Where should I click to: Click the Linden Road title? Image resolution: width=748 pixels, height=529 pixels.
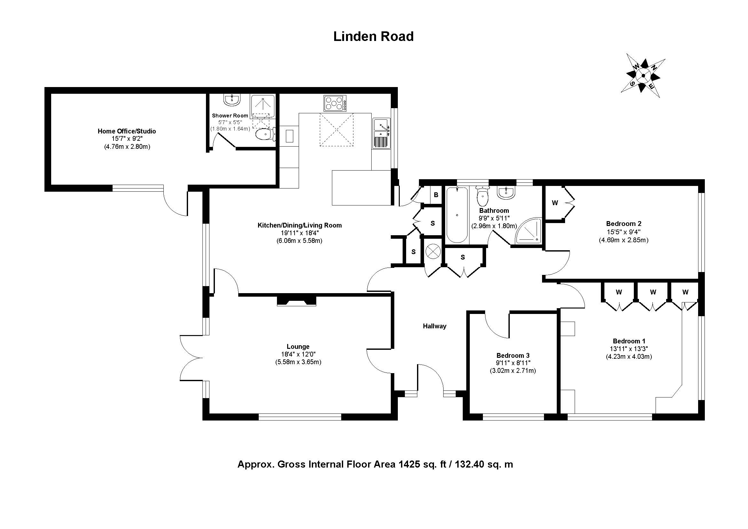(x=373, y=36)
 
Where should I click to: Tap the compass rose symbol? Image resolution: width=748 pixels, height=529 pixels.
(x=643, y=76)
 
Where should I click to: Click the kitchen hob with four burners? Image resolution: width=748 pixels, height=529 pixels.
(x=335, y=103)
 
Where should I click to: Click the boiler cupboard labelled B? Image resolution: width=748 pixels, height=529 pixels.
(x=436, y=195)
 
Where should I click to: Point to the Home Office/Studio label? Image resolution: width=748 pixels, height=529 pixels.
(x=127, y=131)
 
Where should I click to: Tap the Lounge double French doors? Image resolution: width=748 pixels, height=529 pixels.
(x=192, y=357)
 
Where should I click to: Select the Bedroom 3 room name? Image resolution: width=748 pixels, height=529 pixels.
(x=513, y=355)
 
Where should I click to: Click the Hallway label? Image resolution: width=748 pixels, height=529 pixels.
(x=434, y=326)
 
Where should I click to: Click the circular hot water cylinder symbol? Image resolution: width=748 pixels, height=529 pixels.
(x=433, y=252)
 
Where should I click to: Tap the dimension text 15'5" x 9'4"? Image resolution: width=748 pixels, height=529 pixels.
(x=624, y=232)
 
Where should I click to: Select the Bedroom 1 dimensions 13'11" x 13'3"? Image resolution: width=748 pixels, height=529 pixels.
(x=629, y=349)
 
